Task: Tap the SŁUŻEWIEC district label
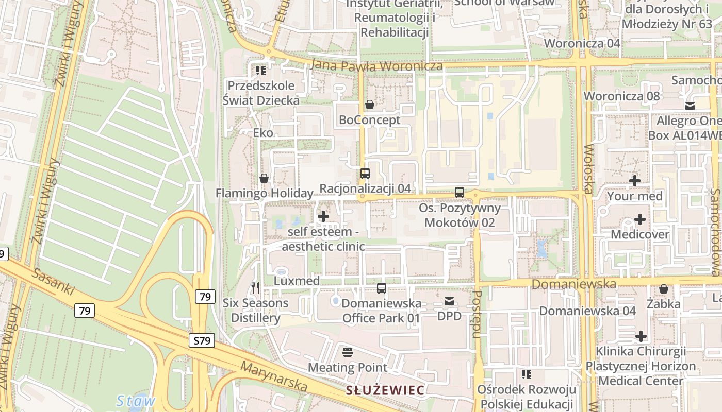click(385, 390)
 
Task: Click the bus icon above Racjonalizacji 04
click(365, 174)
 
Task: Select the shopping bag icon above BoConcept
click(370, 105)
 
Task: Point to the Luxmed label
click(297, 281)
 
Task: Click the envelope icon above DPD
click(449, 301)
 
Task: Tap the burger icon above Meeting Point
click(348, 352)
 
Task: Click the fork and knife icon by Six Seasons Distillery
click(255, 288)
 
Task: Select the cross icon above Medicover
click(639, 219)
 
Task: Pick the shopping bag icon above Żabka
click(664, 289)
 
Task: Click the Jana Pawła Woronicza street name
click(377, 66)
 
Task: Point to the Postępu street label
click(478, 314)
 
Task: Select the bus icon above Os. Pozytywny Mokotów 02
click(460, 193)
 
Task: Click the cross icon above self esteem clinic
click(323, 216)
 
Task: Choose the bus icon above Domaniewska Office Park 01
click(382, 288)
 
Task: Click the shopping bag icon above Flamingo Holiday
click(264, 179)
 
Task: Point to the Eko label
click(263, 133)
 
